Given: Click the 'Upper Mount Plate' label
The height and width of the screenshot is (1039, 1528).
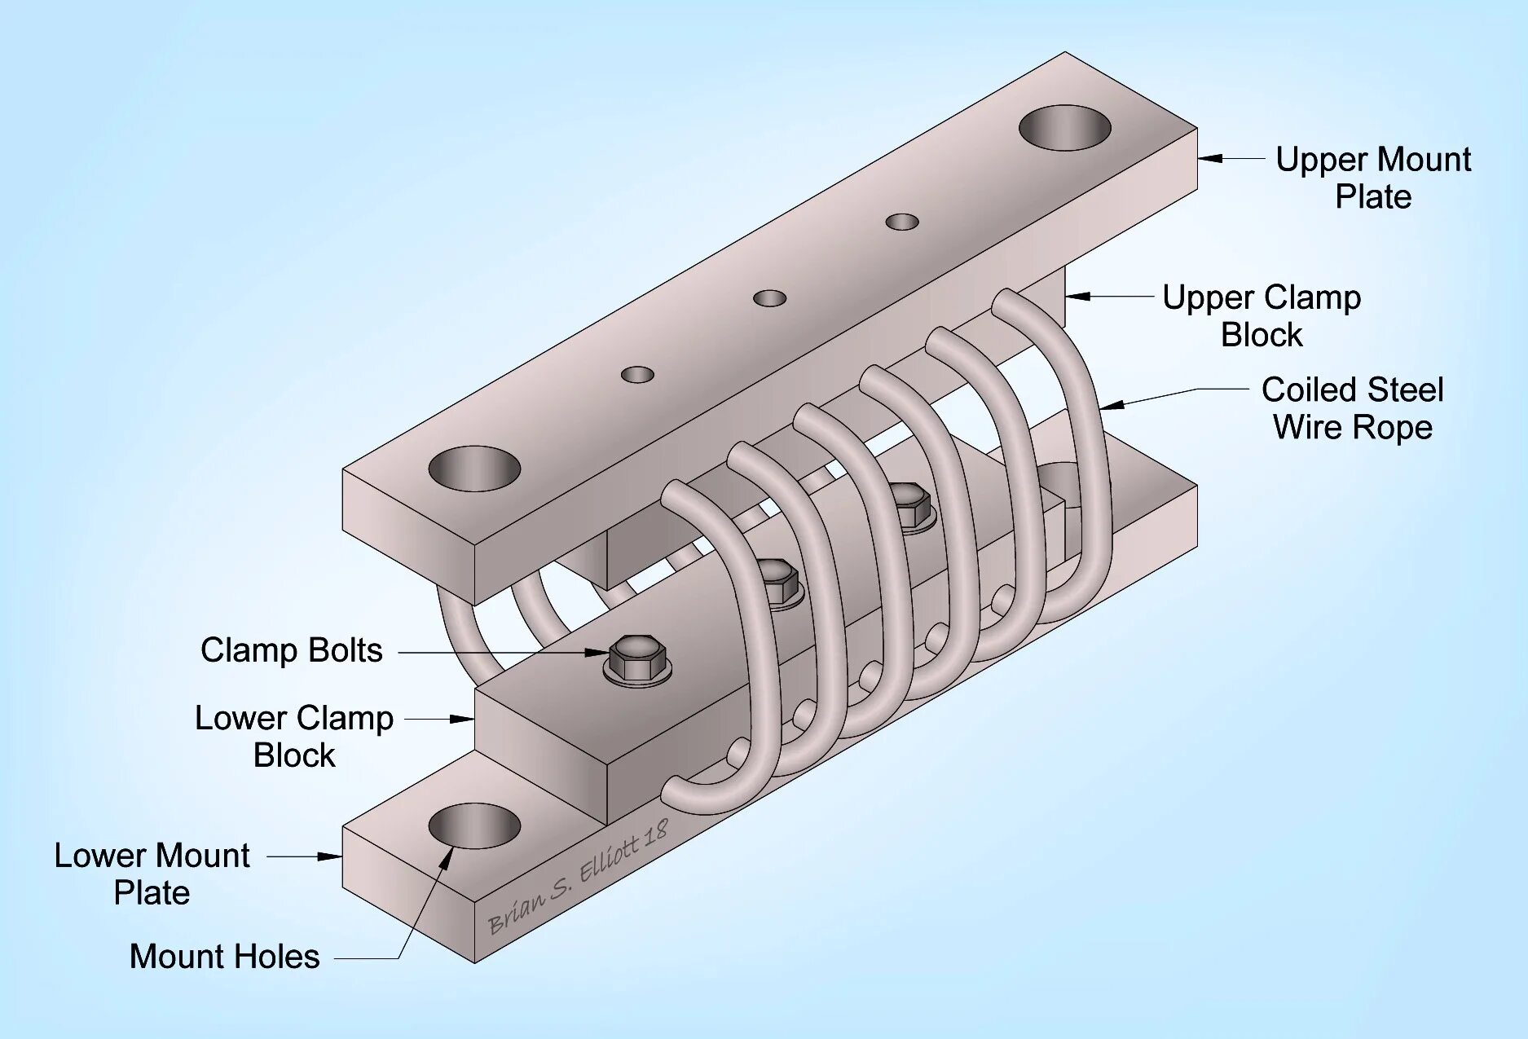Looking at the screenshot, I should pyautogui.click(x=1373, y=178).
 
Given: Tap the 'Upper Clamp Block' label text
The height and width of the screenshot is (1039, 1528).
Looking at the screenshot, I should pyautogui.click(x=1262, y=316).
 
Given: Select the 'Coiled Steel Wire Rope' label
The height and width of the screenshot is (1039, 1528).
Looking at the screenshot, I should pyautogui.click(x=1353, y=408).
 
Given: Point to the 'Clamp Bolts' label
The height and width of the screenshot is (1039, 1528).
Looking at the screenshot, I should pyautogui.click(x=291, y=650).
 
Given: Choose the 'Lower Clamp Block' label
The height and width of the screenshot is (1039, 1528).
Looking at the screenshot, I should pyautogui.click(x=294, y=737).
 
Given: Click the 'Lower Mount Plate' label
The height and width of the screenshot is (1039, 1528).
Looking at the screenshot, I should pyautogui.click(x=152, y=874).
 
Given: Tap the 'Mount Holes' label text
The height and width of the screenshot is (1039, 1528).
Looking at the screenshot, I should pyautogui.click(x=224, y=957).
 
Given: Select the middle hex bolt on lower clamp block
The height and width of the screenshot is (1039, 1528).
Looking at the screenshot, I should pyautogui.click(x=777, y=580).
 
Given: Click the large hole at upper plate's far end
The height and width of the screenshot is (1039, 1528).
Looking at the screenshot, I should pyautogui.click(x=1064, y=127).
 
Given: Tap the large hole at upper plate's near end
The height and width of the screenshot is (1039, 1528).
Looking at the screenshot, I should pyautogui.click(x=474, y=468).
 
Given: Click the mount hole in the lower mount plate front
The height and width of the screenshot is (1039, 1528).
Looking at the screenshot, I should pyautogui.click(x=474, y=825).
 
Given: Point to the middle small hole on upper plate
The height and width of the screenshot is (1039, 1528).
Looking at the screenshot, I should pyautogui.click(x=769, y=298).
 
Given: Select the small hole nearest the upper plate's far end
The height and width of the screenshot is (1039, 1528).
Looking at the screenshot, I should pyautogui.click(x=902, y=222).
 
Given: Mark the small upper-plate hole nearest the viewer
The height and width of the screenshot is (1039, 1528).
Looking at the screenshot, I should pyautogui.click(x=637, y=375).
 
